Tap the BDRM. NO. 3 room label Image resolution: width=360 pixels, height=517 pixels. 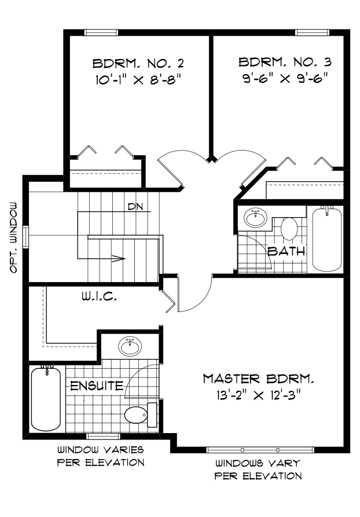tap(285, 61)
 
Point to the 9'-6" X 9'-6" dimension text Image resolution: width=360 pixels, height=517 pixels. tap(285, 77)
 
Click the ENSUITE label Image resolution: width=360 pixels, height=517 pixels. tap(97, 385)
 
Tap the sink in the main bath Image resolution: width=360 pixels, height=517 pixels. tap(255, 218)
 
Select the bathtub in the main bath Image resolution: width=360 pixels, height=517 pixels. tap(328, 239)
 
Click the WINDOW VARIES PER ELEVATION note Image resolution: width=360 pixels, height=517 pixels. tap(100, 456)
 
